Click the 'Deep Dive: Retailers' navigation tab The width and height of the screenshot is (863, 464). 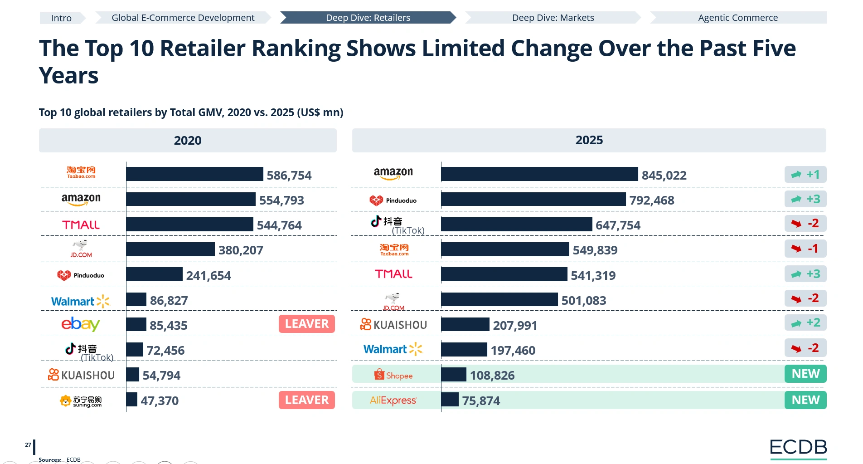coord(368,18)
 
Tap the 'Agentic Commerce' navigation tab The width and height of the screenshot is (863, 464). coord(737,18)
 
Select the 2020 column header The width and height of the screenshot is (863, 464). coord(188,141)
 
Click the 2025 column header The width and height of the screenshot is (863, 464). coord(589,141)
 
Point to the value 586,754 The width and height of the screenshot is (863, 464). coord(289,176)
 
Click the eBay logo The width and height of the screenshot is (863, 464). coord(80,324)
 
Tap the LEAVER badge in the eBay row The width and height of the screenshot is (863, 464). coord(306,324)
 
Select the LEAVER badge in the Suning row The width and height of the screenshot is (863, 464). coord(306,400)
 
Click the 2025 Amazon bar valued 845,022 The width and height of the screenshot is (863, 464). coord(539,174)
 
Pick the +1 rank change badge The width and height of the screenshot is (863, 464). coord(805,175)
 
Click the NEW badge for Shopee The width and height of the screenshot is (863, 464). coord(805,374)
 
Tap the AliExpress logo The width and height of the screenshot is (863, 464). coord(393,401)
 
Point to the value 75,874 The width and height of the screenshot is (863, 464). coord(481,401)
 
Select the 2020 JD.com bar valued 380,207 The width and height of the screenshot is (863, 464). coord(170,249)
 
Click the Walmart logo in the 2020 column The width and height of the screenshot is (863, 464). coord(80,301)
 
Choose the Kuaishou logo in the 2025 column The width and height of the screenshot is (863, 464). coord(393,325)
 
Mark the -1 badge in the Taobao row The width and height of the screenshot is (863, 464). coord(805,249)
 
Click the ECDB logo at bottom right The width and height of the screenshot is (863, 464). coord(798,448)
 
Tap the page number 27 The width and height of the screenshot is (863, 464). coord(28,445)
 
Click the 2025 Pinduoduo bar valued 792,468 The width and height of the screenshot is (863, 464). coord(533,199)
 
